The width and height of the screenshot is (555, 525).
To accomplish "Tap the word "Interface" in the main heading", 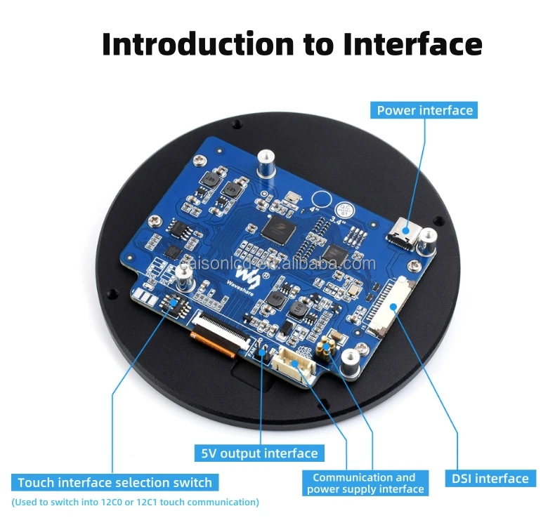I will pos(412,44).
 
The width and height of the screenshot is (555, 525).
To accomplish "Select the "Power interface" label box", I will pos(425,110).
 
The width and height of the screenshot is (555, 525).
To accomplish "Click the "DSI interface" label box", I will pos(490,479).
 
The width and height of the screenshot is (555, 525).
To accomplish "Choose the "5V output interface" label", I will pos(260,453).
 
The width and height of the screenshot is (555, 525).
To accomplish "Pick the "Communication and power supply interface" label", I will pos(364,483).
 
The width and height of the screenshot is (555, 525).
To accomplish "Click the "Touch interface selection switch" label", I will pos(115,482).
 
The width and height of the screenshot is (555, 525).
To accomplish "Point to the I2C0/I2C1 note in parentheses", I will pos(135,502).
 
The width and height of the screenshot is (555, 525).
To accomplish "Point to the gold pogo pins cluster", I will pos(325,347).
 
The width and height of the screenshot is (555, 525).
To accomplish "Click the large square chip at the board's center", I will pos(275,229).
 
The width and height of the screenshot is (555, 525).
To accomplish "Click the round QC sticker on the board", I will pos(344,209).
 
